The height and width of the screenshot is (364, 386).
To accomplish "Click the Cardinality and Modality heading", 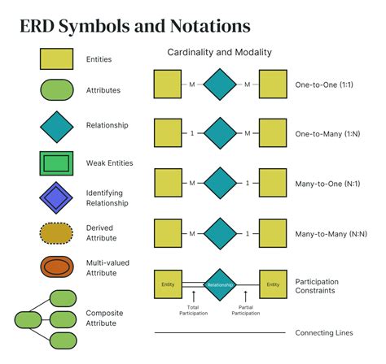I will tap(219, 52).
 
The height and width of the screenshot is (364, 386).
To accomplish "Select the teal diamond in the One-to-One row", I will tap(219, 84).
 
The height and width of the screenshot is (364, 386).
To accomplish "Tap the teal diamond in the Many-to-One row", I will tap(219, 184).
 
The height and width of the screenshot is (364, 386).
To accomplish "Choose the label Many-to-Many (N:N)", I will tap(328, 234).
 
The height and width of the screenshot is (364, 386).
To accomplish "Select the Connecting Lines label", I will tap(324, 333).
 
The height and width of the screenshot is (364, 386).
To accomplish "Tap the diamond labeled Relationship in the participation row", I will tap(219, 284).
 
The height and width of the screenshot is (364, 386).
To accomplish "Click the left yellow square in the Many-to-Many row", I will tap(168, 234).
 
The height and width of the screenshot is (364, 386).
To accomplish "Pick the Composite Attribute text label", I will tap(101, 318).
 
